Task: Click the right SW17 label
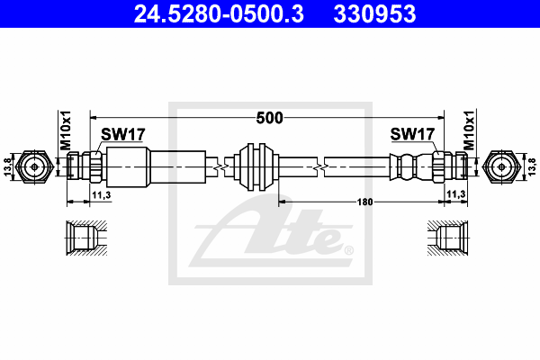click(413, 135)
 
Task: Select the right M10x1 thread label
click(469, 131)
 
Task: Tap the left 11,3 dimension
click(101, 193)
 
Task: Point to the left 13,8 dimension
click(8, 166)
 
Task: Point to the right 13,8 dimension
click(531, 166)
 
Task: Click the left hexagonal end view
click(35, 166)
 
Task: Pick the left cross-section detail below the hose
click(88, 238)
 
